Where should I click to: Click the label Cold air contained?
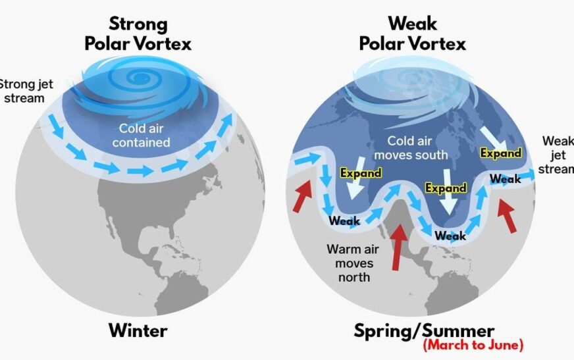pyautogui.click(x=145, y=135)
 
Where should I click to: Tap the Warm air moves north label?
pyautogui.click(x=350, y=263)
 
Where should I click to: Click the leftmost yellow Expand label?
pyautogui.click(x=360, y=173)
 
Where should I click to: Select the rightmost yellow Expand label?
pyautogui.click(x=500, y=153)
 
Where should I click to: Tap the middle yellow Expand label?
pyautogui.click(x=446, y=188)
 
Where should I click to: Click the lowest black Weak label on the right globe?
pyautogui.click(x=450, y=236)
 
